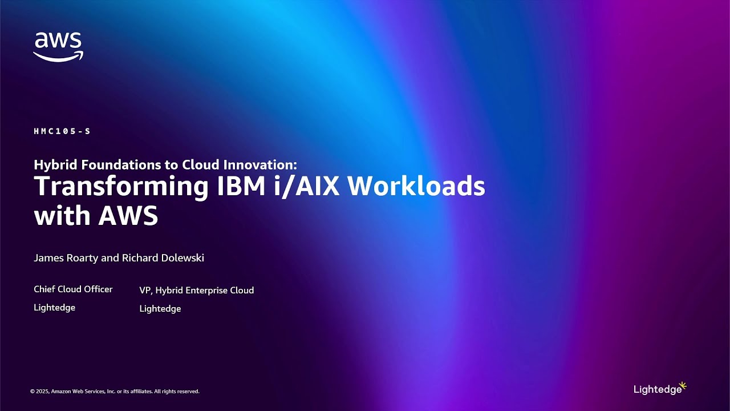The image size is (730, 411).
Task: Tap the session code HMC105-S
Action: (62, 131)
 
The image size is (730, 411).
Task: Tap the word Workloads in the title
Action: (416, 186)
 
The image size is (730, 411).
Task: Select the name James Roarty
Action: (66, 258)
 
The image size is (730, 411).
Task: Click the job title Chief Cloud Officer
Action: (73, 289)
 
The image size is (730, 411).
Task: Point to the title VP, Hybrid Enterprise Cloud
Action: (197, 291)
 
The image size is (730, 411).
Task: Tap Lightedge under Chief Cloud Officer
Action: (55, 308)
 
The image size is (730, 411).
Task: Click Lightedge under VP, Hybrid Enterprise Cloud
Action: (160, 309)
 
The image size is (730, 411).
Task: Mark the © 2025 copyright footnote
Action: (115, 392)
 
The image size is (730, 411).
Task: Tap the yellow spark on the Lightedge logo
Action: (683, 385)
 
